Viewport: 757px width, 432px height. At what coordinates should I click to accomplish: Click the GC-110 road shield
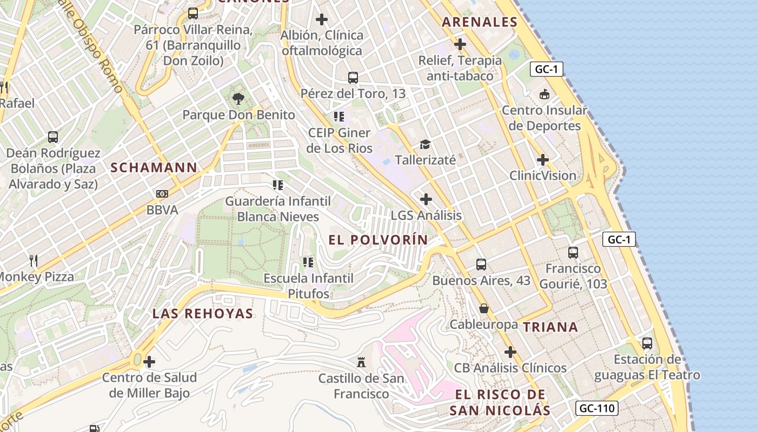(x=597, y=408)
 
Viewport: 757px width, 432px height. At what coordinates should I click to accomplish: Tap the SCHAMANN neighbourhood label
(x=154, y=167)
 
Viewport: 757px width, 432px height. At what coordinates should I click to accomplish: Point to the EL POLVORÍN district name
(x=378, y=240)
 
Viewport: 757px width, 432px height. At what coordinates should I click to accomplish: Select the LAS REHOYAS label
(x=203, y=314)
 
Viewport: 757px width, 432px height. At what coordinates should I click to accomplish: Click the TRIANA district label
(x=550, y=327)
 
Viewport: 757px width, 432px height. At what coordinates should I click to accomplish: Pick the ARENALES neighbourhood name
(x=480, y=22)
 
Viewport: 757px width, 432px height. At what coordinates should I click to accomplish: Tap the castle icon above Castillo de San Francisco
(x=361, y=362)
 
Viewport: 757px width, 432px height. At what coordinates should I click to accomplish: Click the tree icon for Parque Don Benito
(x=238, y=98)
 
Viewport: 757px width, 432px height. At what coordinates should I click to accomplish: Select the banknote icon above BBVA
(x=162, y=194)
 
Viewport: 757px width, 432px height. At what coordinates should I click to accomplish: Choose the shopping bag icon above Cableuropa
(x=483, y=308)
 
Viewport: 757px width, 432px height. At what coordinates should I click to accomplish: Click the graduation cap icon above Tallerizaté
(x=425, y=144)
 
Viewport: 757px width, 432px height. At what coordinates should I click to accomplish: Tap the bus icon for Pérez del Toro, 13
(x=353, y=77)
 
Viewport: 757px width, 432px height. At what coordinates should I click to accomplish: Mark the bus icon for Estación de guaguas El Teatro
(x=647, y=343)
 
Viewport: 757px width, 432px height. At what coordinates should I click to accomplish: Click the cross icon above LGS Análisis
(x=426, y=199)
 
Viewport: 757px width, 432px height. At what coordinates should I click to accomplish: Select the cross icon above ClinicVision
(x=543, y=160)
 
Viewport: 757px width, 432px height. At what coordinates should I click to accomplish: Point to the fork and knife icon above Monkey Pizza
(x=34, y=261)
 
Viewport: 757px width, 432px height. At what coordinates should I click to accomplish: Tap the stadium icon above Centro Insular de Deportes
(x=544, y=94)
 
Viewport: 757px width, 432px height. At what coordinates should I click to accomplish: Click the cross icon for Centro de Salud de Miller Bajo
(x=149, y=361)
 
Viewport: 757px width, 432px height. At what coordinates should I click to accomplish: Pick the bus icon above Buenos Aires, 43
(x=481, y=265)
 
